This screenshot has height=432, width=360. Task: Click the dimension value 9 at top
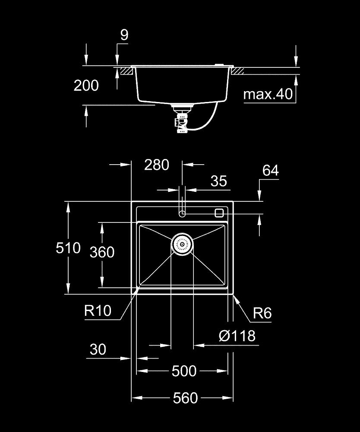[x=124, y=35]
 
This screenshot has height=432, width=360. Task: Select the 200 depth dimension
[x=86, y=86]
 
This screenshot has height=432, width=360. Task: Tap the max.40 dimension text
[x=268, y=94]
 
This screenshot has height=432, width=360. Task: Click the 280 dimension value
[x=156, y=165]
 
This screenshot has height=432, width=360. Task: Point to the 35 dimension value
[x=219, y=181]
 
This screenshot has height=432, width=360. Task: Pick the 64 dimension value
[x=271, y=171]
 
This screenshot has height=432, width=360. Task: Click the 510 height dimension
[x=68, y=248]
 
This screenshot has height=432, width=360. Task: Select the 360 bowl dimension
[x=102, y=252]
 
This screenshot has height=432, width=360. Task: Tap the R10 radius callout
[x=98, y=311]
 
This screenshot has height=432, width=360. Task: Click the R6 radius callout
[x=262, y=313]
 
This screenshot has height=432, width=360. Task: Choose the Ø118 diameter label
[x=237, y=336]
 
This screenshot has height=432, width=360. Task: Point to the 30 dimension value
[x=98, y=349]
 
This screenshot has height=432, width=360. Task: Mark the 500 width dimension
[x=184, y=371]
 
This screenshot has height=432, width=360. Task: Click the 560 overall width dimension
[x=185, y=398]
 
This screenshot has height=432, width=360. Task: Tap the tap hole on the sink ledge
[x=182, y=213]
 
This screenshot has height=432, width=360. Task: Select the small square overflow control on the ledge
[x=219, y=213]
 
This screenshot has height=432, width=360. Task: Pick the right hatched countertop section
[x=238, y=71]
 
